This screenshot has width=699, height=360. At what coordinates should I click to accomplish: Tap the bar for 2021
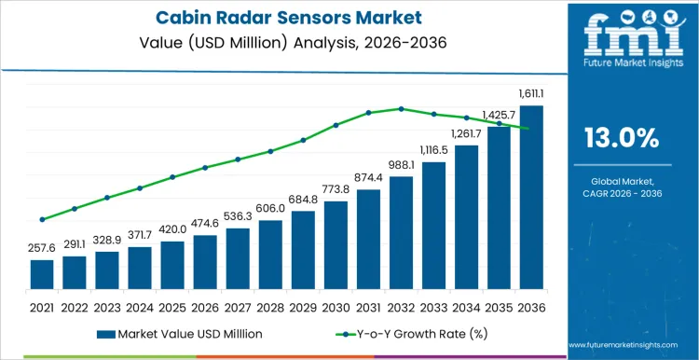42,274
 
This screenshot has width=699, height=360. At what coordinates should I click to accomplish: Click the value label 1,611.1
531,94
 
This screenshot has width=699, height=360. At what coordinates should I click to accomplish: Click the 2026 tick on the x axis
205,306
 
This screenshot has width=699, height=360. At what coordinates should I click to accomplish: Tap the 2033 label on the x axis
433,306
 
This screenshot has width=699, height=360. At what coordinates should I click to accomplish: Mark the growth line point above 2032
401,108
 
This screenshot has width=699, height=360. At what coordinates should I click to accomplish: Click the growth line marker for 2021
42,220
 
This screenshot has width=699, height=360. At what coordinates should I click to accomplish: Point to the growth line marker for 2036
531,129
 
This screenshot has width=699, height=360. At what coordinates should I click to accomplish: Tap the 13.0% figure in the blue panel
621,139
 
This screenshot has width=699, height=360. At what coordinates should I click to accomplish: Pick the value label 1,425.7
499,116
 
